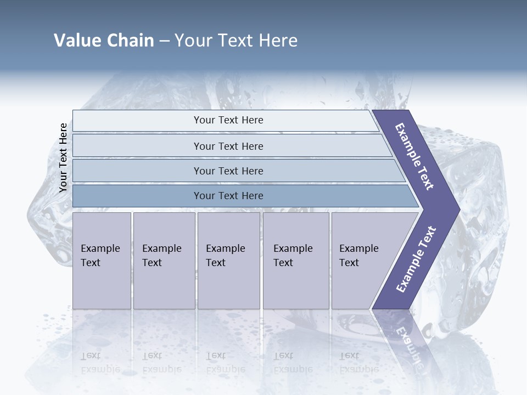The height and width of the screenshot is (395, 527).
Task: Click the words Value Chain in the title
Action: (104, 41)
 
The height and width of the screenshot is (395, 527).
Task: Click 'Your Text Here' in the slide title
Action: (236, 41)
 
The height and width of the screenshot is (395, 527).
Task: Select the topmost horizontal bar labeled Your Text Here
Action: (228, 120)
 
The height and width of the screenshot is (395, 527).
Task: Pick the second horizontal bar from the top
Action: (228, 146)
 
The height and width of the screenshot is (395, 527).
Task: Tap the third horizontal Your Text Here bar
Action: (228, 171)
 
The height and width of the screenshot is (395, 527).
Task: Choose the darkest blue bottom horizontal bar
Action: (228, 196)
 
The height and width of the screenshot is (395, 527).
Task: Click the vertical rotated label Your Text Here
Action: (64, 157)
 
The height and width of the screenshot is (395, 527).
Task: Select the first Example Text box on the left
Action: (101, 260)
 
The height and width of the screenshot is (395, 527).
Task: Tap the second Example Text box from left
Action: (163, 260)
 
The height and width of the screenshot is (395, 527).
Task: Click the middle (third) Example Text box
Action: (228, 260)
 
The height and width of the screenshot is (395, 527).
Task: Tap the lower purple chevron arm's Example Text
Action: (416, 259)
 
